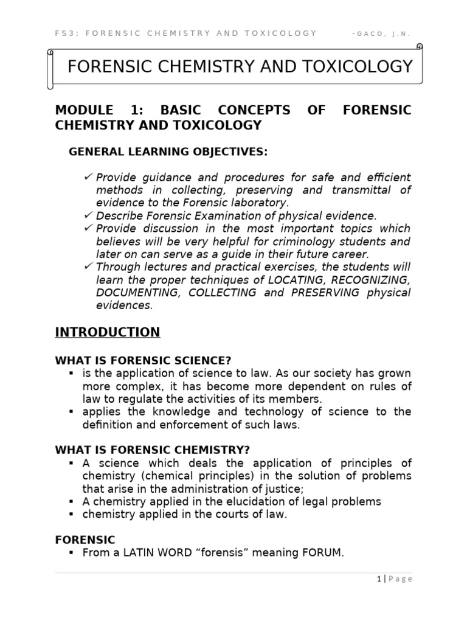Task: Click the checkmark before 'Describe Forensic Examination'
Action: point(89,215)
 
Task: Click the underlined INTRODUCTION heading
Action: point(108,332)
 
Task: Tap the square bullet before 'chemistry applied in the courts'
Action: point(72,514)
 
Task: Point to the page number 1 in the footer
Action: point(378,579)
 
